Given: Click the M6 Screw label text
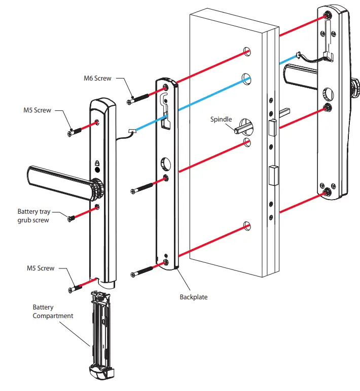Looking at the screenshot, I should (97, 79).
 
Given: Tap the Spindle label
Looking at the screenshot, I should (221, 120).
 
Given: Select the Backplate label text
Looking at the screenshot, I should (194, 297).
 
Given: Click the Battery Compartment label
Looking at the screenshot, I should (53, 311).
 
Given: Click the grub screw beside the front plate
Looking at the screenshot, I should (71, 218).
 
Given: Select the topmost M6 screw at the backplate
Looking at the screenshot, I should (138, 98).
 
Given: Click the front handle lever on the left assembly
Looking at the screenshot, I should (56, 178).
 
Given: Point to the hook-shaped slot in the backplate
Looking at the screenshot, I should (163, 101).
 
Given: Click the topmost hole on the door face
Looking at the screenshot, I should (247, 51).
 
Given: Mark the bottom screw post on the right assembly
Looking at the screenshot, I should (328, 191).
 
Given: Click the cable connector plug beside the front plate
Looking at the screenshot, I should (131, 131).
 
